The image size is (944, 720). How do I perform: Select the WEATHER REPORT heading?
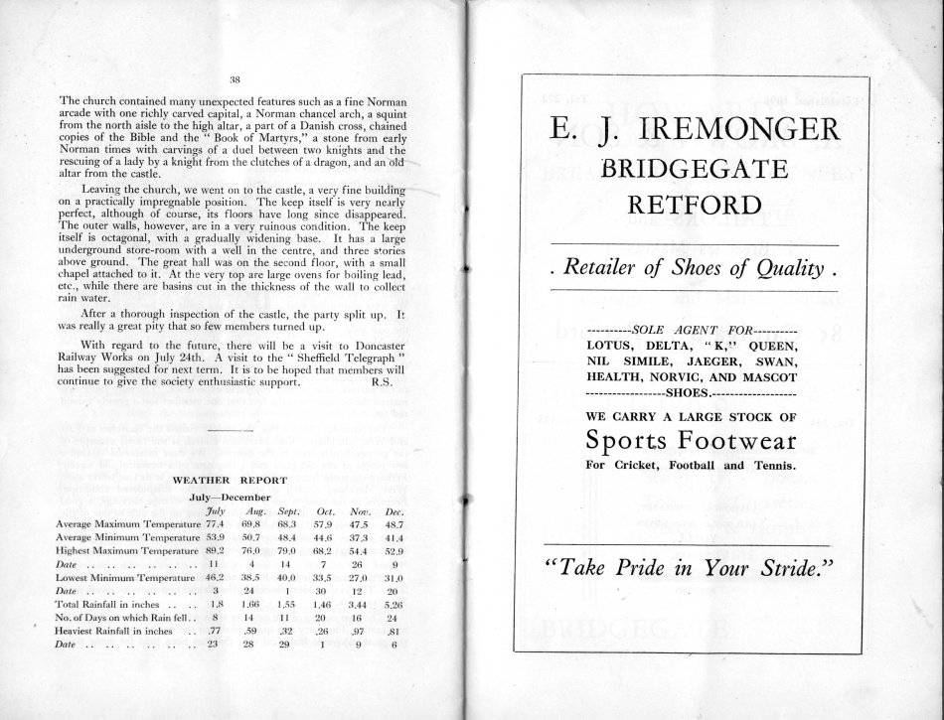click(x=231, y=479)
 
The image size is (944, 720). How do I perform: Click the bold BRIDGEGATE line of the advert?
click(x=693, y=171)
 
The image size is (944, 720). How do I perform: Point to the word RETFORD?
click(x=693, y=208)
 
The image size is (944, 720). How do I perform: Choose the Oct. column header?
click(x=321, y=509)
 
